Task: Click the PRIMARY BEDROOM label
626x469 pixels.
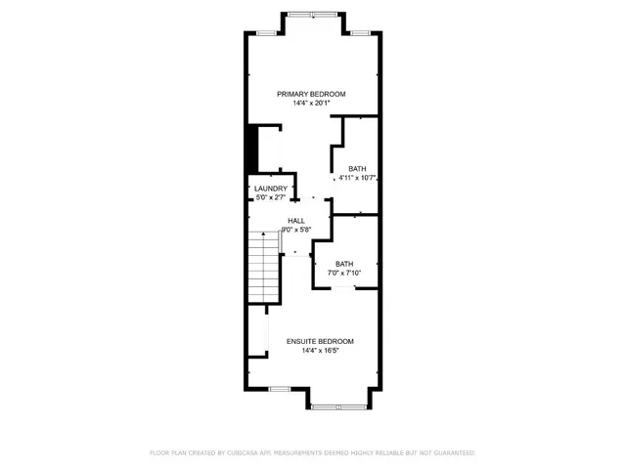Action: point(311,94)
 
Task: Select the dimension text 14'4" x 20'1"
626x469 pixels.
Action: point(311,103)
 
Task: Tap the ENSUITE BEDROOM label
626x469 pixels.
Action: point(320,341)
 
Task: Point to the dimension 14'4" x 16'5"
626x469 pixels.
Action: point(320,350)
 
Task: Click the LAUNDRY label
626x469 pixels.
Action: point(271,189)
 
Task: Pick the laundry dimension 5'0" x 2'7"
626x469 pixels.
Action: point(271,197)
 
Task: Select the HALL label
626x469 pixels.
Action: point(295,221)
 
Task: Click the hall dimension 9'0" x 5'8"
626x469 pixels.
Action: point(295,230)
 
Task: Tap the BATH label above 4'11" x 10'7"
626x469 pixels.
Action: point(358,169)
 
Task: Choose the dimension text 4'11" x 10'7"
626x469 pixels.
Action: point(358,178)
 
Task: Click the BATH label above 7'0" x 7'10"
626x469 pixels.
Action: point(344,264)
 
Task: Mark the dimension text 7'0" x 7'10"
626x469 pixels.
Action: point(344,273)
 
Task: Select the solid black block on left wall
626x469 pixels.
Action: point(250,148)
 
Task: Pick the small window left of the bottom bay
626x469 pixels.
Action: point(279,389)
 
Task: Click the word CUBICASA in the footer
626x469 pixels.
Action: point(243,453)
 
